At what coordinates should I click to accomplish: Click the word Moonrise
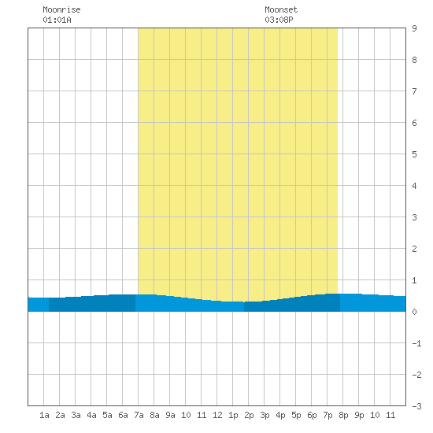point(61,9)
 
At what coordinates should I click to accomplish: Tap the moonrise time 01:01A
point(57,20)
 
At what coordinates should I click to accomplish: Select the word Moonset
point(281,9)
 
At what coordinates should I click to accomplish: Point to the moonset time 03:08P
point(279,20)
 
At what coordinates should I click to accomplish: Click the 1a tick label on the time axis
point(44,415)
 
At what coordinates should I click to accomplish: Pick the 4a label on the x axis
point(91,415)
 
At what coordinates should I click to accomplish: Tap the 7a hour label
point(139,415)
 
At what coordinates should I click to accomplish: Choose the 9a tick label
point(170,415)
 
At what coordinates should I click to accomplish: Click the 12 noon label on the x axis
point(217,415)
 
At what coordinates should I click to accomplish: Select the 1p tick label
point(233,415)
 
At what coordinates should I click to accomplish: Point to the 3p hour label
point(265,415)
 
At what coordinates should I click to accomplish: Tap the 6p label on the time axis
point(312,415)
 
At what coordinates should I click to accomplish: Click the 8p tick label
point(343,415)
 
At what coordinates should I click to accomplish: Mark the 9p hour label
point(359,415)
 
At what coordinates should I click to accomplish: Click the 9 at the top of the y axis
point(414,28)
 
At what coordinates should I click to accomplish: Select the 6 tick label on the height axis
point(414,123)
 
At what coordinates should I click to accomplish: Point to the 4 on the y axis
point(414,186)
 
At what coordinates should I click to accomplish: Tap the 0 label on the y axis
point(414,312)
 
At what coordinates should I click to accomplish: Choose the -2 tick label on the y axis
point(416,375)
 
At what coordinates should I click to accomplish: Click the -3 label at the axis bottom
point(416,406)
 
